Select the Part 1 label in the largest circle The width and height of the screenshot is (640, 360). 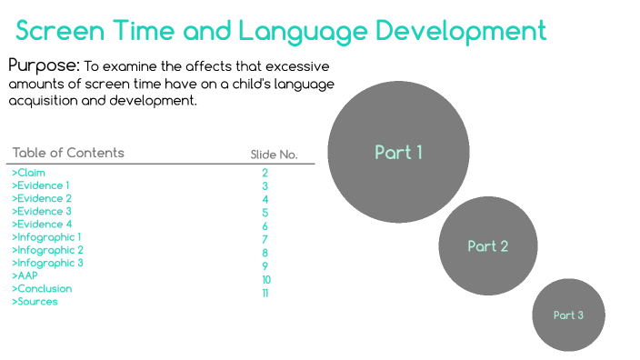coord(398,153)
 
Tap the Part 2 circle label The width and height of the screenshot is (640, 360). coord(487,246)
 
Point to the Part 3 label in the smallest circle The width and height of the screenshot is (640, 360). coord(568,315)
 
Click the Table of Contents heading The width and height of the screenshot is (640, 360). coord(68,153)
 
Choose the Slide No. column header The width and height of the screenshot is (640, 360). coord(274,155)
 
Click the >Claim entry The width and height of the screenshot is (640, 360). coord(28,173)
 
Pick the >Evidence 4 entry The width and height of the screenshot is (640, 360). coord(41,224)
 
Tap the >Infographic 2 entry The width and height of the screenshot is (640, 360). coord(47,250)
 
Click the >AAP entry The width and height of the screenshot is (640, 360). coord(25,275)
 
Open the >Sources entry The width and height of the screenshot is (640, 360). coord(35,301)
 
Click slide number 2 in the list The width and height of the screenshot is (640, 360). coord(265,173)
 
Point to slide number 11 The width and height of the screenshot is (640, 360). coord(265,294)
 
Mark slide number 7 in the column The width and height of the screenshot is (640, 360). coord(265,239)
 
